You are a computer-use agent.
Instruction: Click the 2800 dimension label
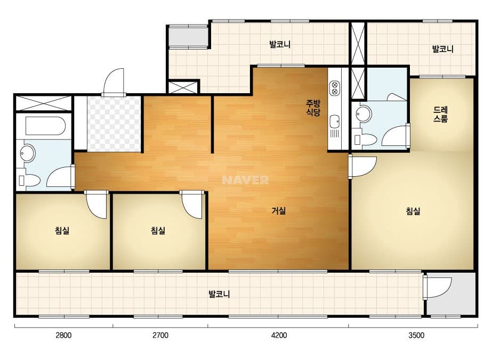[x=63, y=335]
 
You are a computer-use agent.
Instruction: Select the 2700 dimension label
[x=160, y=335]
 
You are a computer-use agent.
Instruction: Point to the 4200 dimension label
[x=279, y=335]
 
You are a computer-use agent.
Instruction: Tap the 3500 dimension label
[x=416, y=335]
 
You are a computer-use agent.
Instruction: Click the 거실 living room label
[x=279, y=211]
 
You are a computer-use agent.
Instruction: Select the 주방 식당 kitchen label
[x=313, y=108]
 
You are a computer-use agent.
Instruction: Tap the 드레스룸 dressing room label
[x=440, y=114]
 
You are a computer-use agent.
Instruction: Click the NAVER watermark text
[x=245, y=180]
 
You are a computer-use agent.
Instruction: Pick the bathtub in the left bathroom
[x=45, y=126]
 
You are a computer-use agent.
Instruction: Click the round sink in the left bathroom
[x=27, y=153]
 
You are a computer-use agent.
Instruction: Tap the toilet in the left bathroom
[x=30, y=181]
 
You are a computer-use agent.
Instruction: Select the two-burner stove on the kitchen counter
[x=335, y=88]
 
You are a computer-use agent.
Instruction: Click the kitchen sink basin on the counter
[x=334, y=121]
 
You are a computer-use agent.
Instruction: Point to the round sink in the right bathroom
[x=364, y=113]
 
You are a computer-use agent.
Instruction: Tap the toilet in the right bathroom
[x=365, y=140]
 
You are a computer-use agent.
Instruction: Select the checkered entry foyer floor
[x=114, y=124]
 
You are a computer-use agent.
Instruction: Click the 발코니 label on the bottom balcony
[x=219, y=294]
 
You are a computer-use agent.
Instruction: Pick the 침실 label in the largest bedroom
[x=413, y=211]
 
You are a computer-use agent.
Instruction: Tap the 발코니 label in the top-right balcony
[x=443, y=49]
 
